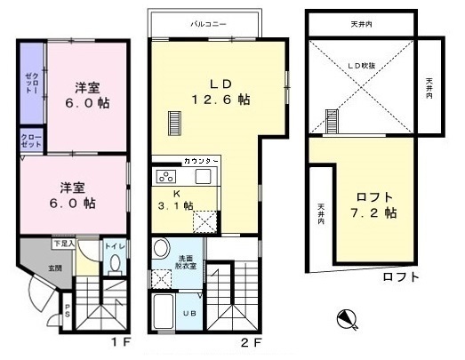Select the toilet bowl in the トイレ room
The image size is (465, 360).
tap(116, 263)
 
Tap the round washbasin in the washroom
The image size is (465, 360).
tap(161, 248)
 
